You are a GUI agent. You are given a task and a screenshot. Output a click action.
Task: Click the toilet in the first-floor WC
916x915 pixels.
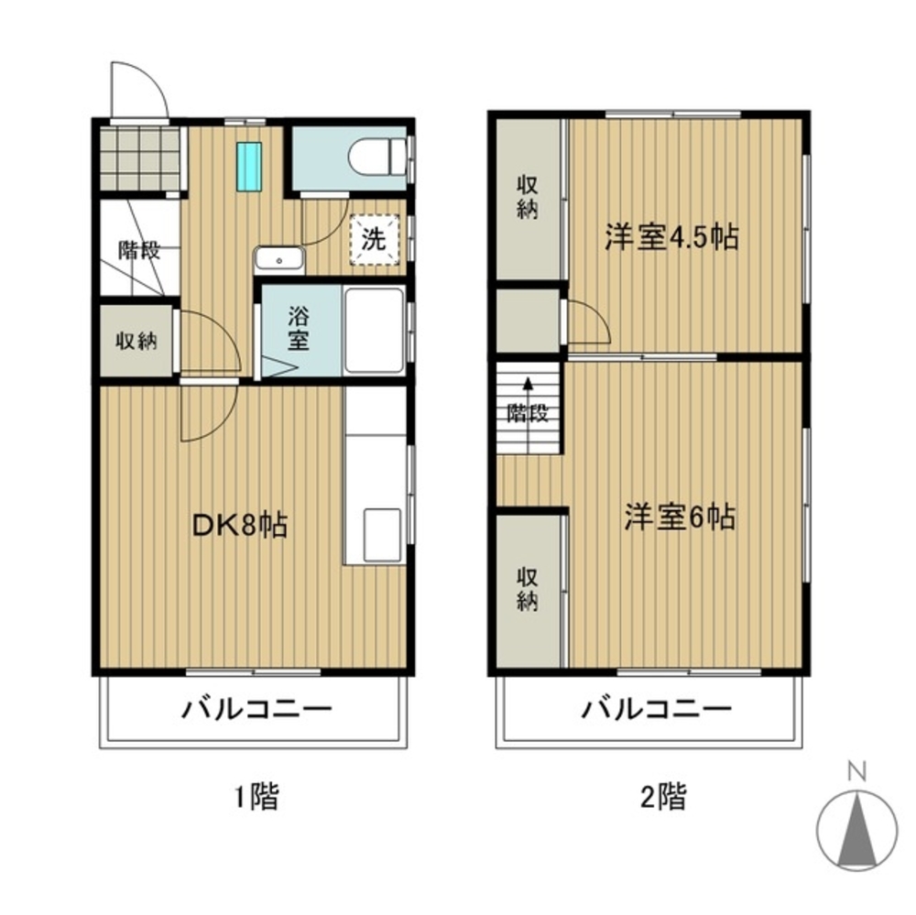(x=376, y=157)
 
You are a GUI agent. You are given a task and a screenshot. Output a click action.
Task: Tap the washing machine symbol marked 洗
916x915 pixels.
(x=375, y=240)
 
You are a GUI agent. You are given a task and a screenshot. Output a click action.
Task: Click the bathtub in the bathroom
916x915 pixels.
(x=375, y=331)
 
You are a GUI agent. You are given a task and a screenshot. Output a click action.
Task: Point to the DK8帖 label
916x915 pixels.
(x=240, y=526)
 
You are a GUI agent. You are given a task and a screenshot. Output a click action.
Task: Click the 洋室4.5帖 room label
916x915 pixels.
(x=671, y=237)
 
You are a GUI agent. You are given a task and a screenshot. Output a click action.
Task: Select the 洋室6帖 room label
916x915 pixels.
(x=680, y=517)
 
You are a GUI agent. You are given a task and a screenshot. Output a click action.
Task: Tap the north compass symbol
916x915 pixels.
(x=856, y=832)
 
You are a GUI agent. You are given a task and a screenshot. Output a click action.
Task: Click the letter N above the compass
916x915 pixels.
(x=857, y=771)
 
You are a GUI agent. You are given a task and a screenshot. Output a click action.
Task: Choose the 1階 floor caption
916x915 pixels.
(x=257, y=796)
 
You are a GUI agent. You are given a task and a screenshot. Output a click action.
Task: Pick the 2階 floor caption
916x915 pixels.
(x=663, y=796)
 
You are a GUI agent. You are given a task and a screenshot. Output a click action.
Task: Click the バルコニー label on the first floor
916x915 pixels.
(x=256, y=709)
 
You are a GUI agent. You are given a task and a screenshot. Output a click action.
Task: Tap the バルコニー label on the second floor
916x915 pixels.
(x=656, y=709)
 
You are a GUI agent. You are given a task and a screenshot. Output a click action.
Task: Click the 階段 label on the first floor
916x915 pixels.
(x=139, y=250)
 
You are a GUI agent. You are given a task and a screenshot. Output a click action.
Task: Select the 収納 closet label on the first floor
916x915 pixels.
(x=136, y=341)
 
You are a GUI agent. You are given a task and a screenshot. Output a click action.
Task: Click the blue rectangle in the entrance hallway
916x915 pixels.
(x=249, y=166)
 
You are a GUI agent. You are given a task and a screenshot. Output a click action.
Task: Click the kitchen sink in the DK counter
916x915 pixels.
(x=383, y=535)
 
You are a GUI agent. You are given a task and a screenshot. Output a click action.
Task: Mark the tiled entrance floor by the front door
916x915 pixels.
(x=139, y=158)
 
